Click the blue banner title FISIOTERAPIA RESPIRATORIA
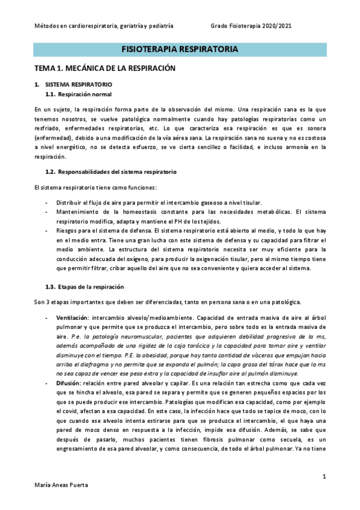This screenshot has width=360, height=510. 180,49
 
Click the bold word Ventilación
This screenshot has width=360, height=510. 73,317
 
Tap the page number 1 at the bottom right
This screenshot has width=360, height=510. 324,476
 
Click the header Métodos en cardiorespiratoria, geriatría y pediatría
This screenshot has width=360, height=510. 103,26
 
